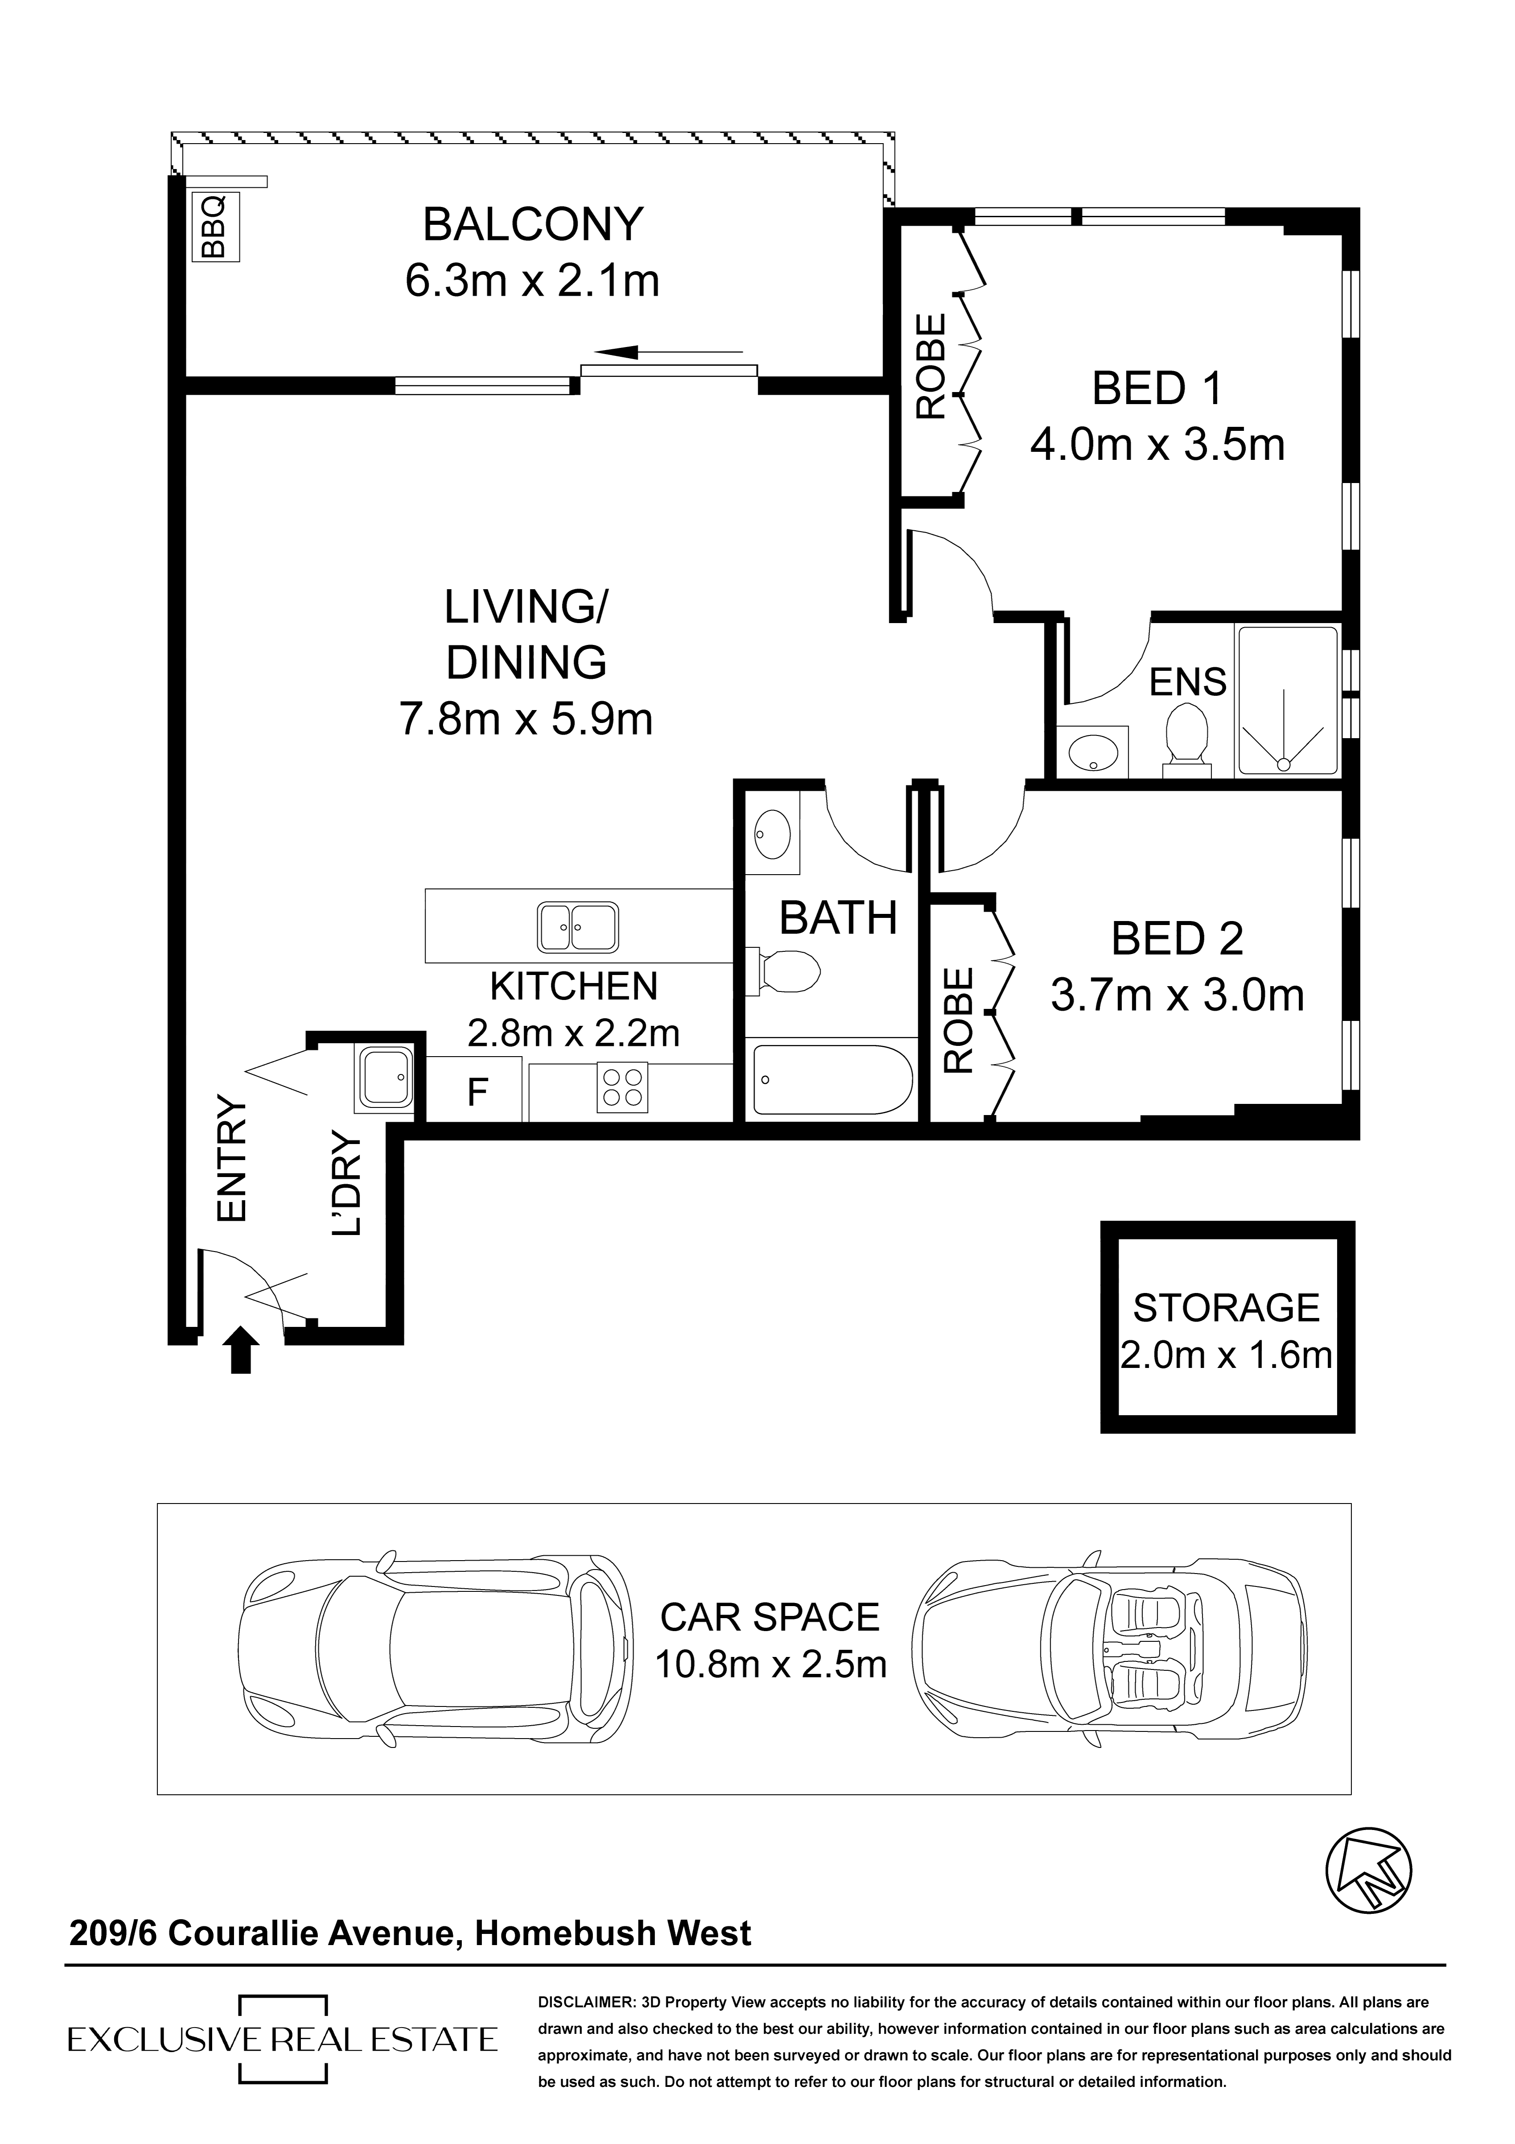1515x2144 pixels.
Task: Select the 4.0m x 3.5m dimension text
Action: point(1158,446)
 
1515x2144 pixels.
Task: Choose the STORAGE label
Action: point(1227,1308)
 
